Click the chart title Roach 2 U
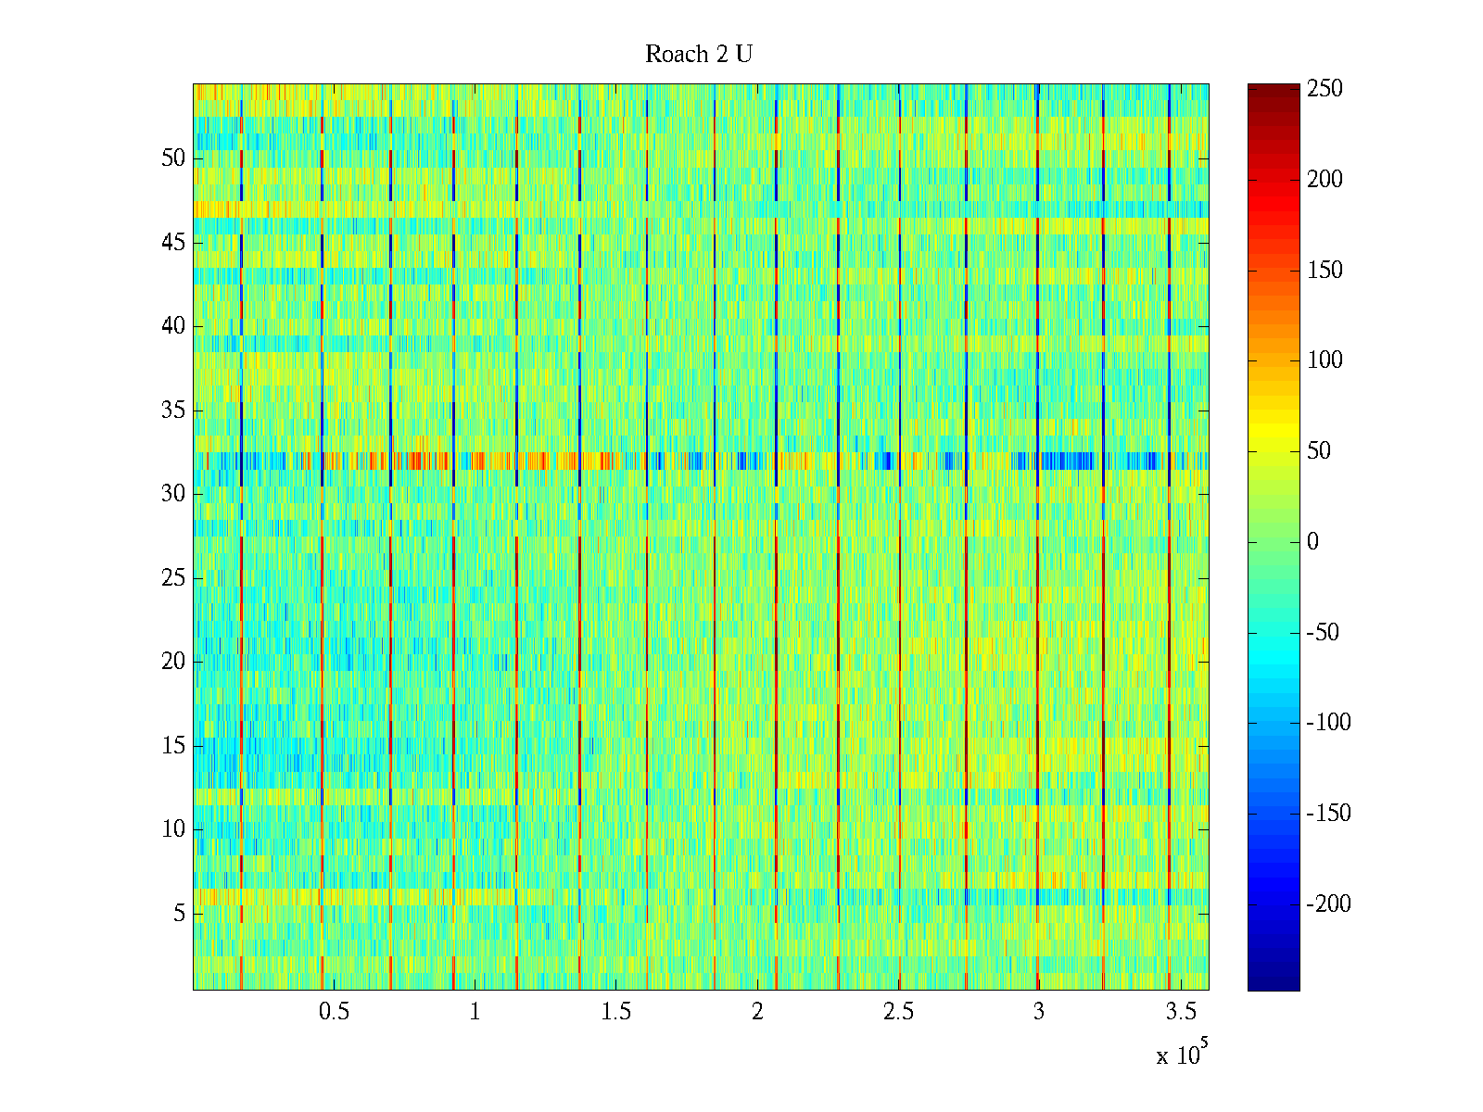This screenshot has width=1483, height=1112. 699,55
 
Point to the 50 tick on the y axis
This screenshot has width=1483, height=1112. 173,158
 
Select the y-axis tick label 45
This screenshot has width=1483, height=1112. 173,243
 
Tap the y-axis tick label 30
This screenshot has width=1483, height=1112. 173,494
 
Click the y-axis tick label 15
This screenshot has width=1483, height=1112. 173,746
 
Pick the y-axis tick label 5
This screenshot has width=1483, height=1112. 179,914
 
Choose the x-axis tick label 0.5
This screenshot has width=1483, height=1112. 334,1012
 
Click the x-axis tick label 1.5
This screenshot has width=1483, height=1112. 616,1012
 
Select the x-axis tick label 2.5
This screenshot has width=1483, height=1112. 898,1012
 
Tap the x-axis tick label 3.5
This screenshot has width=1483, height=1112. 1180,1012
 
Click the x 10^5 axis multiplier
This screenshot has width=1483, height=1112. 1182,1055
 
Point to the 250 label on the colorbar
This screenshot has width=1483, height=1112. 1325,89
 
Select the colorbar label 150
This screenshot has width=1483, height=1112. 1325,271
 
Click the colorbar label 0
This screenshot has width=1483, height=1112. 1312,542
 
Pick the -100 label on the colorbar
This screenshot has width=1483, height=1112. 1328,723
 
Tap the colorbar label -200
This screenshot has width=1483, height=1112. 1328,904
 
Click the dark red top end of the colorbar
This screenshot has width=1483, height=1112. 1274,89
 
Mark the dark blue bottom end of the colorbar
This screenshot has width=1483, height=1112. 1274,984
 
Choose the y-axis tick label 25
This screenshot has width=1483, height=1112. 173,578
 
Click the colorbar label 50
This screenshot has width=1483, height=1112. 1319,451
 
